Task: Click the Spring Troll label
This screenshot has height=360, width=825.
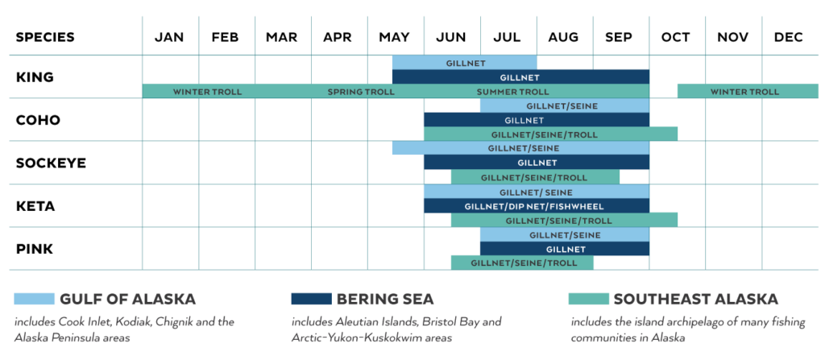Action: (x=361, y=92)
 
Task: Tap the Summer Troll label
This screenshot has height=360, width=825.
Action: (x=512, y=92)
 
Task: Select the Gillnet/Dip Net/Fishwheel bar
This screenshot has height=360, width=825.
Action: (x=534, y=206)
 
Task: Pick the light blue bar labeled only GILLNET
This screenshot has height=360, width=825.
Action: (x=464, y=63)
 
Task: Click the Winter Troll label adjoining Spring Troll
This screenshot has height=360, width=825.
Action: (x=207, y=92)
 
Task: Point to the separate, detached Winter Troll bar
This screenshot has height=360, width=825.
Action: (x=745, y=92)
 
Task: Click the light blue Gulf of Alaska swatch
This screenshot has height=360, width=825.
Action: (x=34, y=300)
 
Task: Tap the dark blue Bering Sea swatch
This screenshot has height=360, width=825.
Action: (x=310, y=300)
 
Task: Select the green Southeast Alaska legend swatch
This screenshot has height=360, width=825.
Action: (x=588, y=300)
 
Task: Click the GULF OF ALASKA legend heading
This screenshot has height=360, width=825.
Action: (x=128, y=300)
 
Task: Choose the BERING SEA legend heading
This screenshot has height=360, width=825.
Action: (x=385, y=300)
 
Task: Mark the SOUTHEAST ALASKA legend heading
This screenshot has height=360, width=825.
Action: (x=695, y=300)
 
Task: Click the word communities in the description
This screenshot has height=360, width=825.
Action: (x=605, y=337)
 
